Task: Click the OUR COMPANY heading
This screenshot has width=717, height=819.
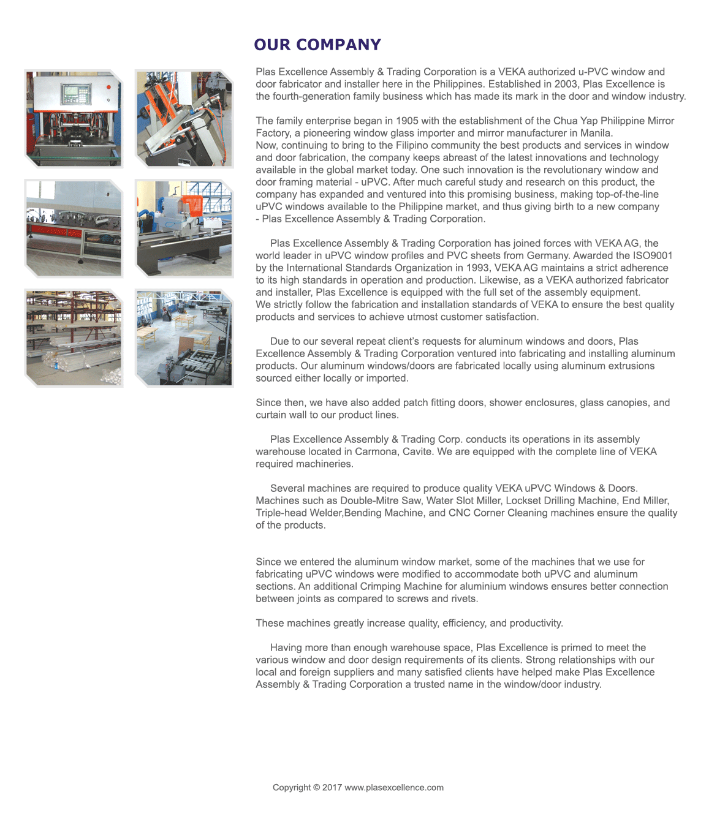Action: [317, 45]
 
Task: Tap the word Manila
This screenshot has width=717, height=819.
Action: [596, 133]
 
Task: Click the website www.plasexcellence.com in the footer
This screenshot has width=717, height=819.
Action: [394, 788]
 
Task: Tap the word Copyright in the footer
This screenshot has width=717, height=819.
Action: [292, 788]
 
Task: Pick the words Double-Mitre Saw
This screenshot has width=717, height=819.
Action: [381, 500]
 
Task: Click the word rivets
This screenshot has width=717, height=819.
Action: [463, 598]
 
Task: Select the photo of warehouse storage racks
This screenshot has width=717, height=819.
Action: [74, 338]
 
